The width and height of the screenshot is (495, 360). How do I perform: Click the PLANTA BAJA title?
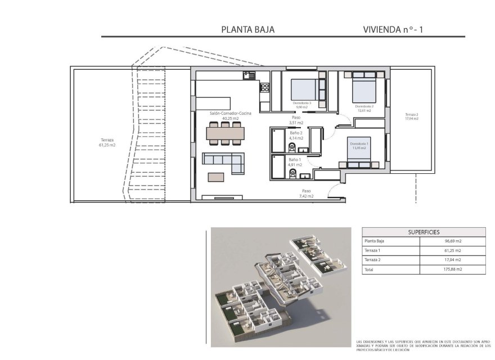[x=248, y=29]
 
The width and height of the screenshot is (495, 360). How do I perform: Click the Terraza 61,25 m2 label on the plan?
[x=107, y=142]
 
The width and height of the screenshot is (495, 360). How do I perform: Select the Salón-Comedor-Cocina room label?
[x=231, y=116]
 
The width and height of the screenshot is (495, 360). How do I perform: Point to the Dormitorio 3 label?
[x=302, y=105]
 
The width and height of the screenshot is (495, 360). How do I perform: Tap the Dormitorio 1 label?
[x=359, y=146]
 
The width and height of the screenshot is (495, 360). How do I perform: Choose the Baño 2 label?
[x=296, y=135]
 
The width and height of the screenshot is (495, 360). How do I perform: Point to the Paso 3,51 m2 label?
[x=296, y=120]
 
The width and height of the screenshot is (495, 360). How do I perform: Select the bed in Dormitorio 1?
[x=358, y=153]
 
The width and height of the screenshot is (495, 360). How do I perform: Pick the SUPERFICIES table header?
[x=424, y=232]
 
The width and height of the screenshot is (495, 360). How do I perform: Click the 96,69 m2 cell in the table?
[x=452, y=241]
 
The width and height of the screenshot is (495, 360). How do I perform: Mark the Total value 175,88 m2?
[x=452, y=269]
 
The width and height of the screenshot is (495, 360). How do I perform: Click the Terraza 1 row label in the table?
[x=373, y=250]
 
